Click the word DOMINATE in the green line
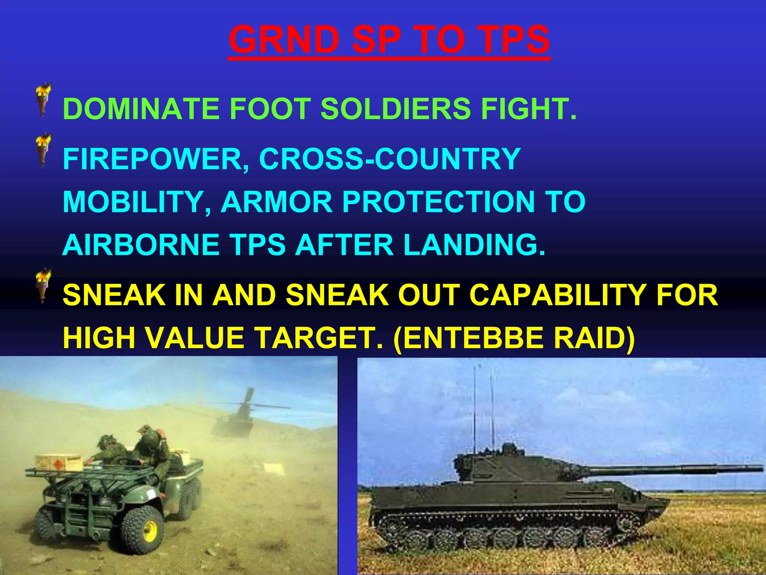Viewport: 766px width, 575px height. [141, 109]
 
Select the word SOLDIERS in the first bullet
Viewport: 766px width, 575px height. [395, 109]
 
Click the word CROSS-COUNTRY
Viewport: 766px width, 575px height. [390, 159]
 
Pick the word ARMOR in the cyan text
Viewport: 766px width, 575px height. [277, 202]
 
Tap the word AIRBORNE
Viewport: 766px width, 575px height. [141, 245]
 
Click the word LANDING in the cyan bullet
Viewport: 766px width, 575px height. [474, 245]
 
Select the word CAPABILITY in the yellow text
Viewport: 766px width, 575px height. [556, 295]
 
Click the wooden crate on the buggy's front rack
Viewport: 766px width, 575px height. [60, 463]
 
